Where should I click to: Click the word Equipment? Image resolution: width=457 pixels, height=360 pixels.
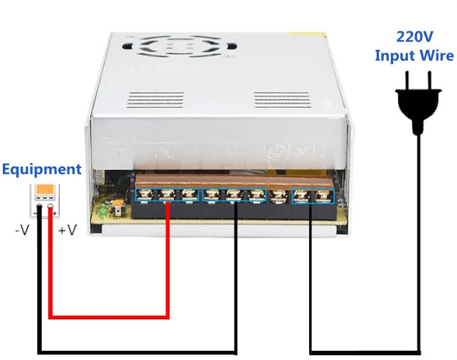pos(41,169)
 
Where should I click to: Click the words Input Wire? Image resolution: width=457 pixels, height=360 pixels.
pos(414,55)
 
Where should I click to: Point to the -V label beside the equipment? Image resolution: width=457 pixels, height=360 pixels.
pos(23,230)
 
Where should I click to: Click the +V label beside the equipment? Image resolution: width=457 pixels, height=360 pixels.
pos(67,230)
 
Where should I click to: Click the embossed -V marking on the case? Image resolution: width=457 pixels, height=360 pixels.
pos(226,152)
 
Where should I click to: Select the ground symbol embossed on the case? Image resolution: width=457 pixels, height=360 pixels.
pos(272,151)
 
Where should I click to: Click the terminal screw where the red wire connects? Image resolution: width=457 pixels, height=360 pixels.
pos(168,194)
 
